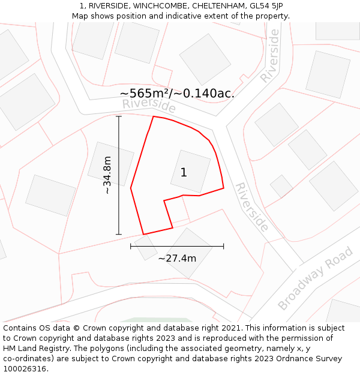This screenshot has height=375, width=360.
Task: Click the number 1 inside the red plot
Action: pyautogui.click(x=184, y=173)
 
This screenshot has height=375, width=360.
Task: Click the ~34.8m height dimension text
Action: pyautogui.click(x=107, y=175)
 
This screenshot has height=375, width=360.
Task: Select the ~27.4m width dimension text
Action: pyautogui.click(x=177, y=258)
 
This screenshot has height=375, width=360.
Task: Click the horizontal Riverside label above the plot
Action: pyautogui.click(x=149, y=106)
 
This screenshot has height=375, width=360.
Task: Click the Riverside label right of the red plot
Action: pyautogui.click(x=251, y=207)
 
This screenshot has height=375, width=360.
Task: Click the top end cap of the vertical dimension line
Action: pyautogui.click(x=119, y=116)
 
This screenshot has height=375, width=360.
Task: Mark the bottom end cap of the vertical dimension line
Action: pyautogui.click(x=119, y=234)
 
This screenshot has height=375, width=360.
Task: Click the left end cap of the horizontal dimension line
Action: pyautogui.click(x=131, y=246)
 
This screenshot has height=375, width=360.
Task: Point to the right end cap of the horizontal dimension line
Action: pyautogui.click(x=223, y=246)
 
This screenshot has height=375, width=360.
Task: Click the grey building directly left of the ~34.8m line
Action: pyautogui.click(x=110, y=163)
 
